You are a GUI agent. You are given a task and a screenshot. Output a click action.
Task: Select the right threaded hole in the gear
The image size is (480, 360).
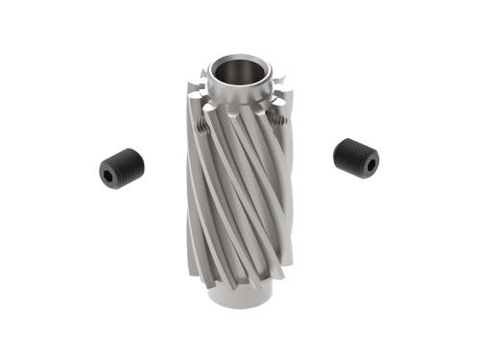point(278,119)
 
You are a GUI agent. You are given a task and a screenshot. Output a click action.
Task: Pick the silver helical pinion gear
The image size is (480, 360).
point(240,192)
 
